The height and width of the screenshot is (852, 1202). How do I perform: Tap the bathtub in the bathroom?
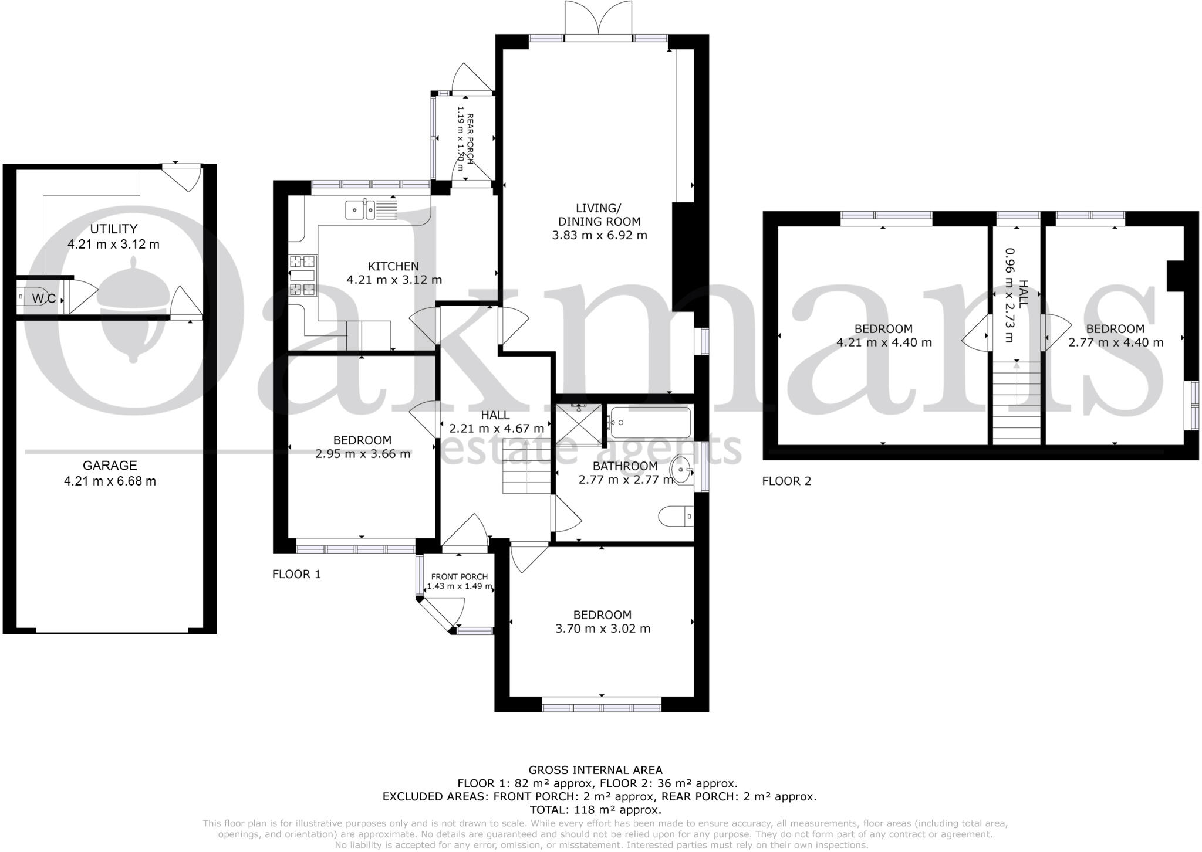649,422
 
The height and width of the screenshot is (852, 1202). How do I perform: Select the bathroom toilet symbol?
676,517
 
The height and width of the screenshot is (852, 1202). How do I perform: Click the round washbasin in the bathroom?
681,469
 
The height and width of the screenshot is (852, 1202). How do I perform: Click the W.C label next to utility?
43,298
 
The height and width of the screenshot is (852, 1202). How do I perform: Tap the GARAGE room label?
110,466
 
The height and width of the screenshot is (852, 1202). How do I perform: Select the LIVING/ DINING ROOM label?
599,215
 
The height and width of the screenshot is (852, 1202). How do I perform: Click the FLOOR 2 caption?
786,481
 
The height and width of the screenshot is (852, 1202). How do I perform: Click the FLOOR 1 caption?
296,574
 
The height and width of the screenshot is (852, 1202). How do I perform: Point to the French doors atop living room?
598,19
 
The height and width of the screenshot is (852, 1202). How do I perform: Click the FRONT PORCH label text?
459,577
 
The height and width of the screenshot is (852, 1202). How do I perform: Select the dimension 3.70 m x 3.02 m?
602,629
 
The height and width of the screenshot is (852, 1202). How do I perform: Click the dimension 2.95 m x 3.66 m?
363,453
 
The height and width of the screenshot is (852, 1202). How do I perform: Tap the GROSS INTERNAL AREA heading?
595,770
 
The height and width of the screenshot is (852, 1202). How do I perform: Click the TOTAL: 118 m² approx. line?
595,810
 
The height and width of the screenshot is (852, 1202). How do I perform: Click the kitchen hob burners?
303,274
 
